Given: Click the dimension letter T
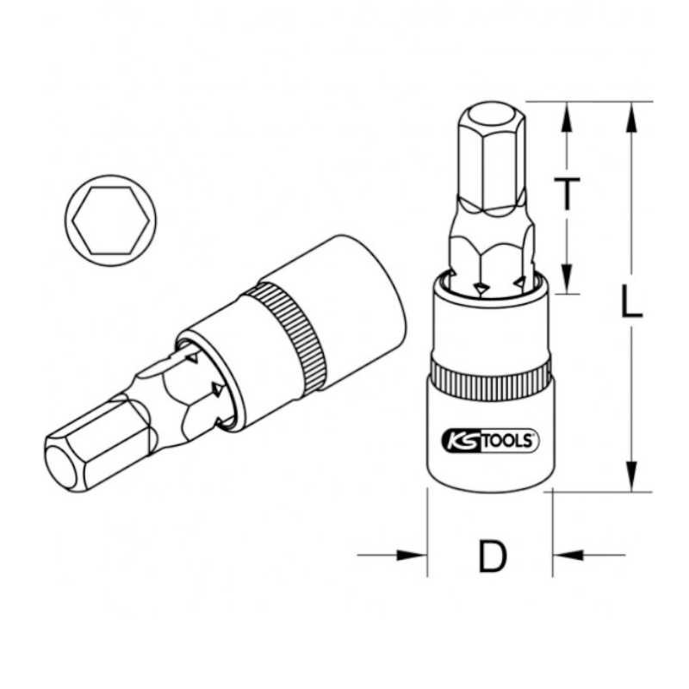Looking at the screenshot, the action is point(567,193).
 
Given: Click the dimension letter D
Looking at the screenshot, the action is point(492,556).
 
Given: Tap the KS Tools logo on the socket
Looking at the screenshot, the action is point(489,441).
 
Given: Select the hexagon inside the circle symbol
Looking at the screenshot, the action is point(110,220).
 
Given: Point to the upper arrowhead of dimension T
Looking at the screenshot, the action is point(567,117).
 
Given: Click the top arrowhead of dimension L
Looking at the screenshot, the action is point(631,117).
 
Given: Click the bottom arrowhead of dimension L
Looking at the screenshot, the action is point(631,476).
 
